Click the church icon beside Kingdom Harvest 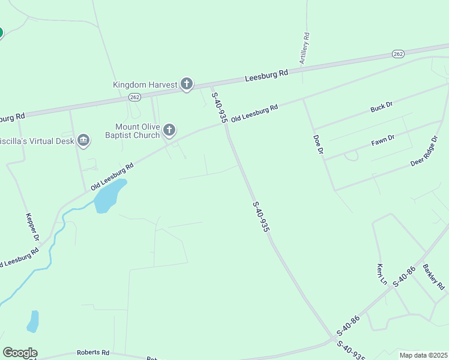[187, 85]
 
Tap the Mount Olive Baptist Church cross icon [170, 130]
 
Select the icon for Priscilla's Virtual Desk [83, 141]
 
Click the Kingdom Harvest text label [145, 85]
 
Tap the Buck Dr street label [381, 107]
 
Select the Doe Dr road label [318, 145]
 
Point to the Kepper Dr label [32, 227]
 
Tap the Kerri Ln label [381, 274]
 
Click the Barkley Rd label [433, 275]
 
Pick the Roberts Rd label [93, 353]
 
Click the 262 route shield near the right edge [399, 54]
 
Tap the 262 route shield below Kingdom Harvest [134, 97]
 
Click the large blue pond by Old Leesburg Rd [109, 196]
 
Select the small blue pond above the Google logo [33, 321]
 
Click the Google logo [20, 353]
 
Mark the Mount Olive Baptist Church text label [138, 131]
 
